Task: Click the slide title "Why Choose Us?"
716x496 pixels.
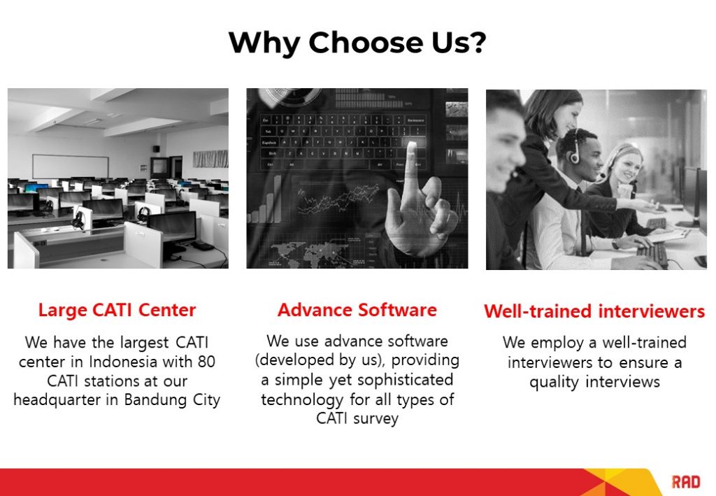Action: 357,43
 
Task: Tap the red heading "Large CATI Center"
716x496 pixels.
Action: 117,310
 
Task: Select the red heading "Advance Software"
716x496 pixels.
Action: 357,310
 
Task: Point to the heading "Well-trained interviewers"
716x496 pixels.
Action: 594,311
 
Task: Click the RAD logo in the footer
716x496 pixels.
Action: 686,482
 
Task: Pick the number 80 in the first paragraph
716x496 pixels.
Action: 206,362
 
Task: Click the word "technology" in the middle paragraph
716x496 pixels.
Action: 302,400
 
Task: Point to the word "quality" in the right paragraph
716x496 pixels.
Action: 554,382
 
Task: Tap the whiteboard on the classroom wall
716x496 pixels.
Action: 71,166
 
